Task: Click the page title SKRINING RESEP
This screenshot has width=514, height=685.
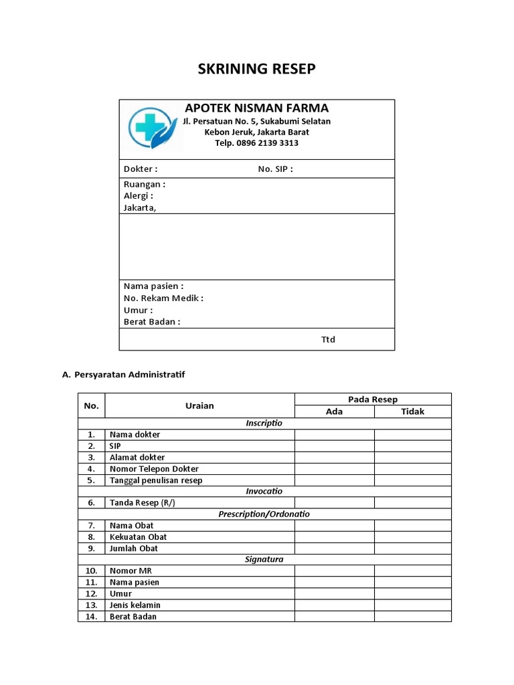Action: (x=257, y=69)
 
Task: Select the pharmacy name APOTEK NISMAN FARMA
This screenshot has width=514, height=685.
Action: (x=257, y=108)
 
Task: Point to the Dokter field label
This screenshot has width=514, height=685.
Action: (x=141, y=169)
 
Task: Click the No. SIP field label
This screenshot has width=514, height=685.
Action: (x=275, y=169)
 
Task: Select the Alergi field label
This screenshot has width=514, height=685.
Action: (x=139, y=196)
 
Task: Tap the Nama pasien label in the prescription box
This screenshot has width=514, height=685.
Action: (x=153, y=286)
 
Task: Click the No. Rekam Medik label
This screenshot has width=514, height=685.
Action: (x=163, y=298)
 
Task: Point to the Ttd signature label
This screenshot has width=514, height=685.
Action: (x=328, y=340)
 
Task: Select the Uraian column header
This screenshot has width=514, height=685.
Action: (x=199, y=405)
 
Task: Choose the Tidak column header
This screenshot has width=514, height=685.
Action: (x=412, y=411)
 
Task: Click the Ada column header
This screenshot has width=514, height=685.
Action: (x=334, y=411)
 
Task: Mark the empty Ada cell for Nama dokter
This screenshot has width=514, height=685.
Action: (x=334, y=435)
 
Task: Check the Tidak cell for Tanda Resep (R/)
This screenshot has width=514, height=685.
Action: (x=412, y=503)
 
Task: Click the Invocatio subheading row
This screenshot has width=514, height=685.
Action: (x=264, y=491)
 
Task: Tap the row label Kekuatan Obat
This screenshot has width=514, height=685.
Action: (x=139, y=537)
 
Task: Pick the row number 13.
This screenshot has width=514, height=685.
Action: (x=92, y=605)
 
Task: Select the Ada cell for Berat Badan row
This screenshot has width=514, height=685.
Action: (x=334, y=617)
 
